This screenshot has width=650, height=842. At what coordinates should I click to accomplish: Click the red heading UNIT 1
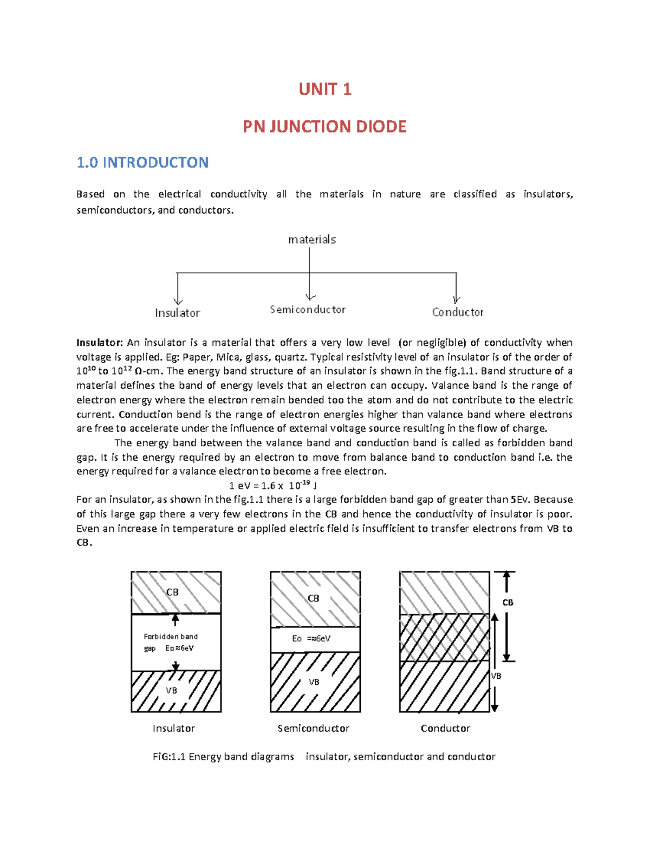click(325, 89)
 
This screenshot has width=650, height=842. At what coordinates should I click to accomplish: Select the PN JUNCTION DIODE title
click(324, 126)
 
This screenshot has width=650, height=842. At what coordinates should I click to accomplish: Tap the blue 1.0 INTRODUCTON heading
click(142, 162)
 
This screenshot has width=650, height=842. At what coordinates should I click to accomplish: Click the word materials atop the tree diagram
click(312, 239)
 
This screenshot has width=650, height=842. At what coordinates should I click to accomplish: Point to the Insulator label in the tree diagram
click(177, 313)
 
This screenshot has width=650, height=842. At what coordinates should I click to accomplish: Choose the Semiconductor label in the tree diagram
click(308, 310)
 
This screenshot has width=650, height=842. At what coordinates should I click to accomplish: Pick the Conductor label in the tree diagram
click(458, 312)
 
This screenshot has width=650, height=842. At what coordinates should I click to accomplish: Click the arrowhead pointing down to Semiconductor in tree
click(310, 297)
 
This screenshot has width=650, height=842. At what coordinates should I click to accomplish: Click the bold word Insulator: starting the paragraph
click(100, 343)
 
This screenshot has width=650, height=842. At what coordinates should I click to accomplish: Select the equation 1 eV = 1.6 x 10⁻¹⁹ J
click(273, 485)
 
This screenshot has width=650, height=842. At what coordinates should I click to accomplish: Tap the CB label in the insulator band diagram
click(172, 592)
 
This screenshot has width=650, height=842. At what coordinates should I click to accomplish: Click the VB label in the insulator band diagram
click(171, 690)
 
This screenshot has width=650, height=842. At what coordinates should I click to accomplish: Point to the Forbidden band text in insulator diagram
click(171, 637)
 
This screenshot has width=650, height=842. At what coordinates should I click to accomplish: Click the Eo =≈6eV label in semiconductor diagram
click(311, 639)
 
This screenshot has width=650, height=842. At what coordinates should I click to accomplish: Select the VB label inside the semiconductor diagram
click(314, 682)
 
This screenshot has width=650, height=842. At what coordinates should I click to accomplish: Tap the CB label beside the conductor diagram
click(508, 602)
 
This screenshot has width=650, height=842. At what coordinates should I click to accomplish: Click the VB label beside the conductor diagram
click(496, 676)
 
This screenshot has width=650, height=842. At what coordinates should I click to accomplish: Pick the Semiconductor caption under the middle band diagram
click(314, 728)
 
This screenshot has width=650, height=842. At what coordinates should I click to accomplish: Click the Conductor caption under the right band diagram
click(445, 728)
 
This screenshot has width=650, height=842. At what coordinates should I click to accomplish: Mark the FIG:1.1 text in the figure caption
click(169, 756)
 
